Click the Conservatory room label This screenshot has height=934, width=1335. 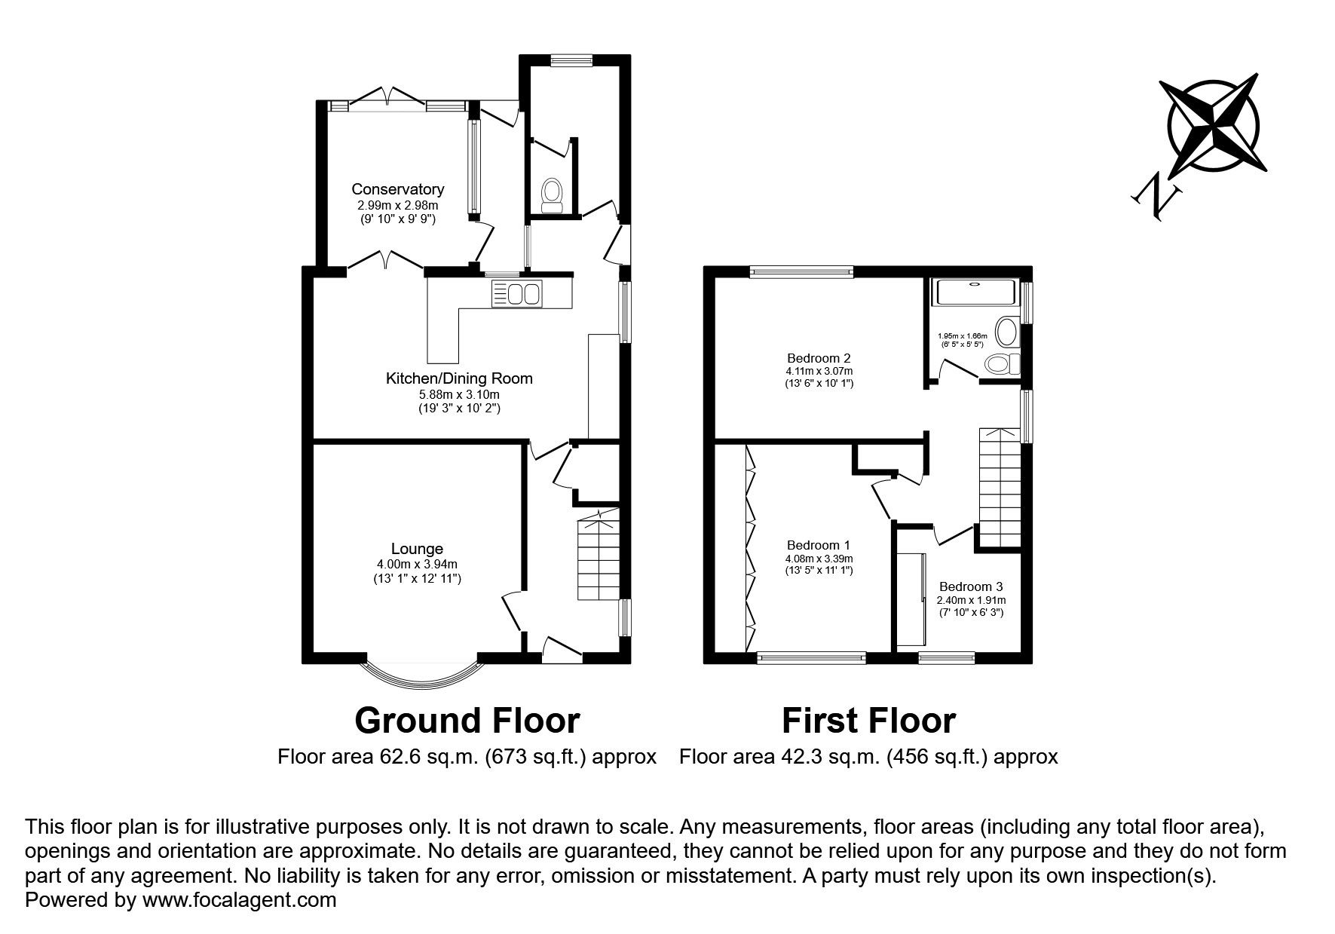[397, 189]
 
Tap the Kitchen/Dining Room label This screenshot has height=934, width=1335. [459, 378]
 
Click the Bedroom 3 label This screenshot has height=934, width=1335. [971, 587]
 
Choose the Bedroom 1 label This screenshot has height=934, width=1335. [818, 545]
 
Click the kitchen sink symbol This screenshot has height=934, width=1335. [516, 293]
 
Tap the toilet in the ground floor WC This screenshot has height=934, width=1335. [553, 194]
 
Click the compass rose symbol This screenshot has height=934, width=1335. [1214, 124]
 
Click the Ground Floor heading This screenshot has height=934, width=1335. [467, 721]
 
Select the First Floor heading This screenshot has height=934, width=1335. [868, 721]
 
